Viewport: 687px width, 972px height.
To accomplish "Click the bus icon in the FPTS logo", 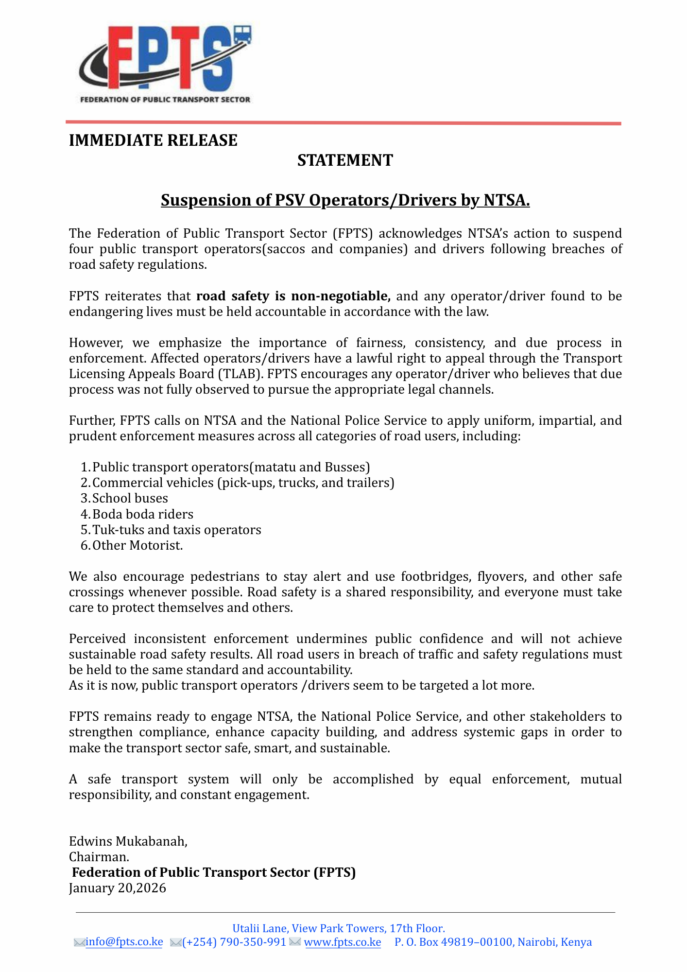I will [242, 35].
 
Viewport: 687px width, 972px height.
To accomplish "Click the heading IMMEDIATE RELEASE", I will [153, 140].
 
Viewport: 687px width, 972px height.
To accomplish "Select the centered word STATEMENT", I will [345, 160].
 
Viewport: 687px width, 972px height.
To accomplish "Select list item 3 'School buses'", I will [130, 498].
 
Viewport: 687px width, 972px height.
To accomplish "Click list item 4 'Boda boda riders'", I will [142, 514].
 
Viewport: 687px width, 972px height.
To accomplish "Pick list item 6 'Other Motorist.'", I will [137, 545].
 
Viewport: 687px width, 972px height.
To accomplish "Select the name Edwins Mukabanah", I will [128, 841].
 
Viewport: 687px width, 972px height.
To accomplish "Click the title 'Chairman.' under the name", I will [99, 857].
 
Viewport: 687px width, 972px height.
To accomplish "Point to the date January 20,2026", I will [118, 888].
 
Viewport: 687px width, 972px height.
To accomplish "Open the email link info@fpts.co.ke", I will [124, 942].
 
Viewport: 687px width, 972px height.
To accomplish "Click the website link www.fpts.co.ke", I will [343, 942].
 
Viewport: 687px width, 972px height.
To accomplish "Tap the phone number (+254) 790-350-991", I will [234, 942].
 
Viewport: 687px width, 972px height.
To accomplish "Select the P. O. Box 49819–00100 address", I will [493, 942].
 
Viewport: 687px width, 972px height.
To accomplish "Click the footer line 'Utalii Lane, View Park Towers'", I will [339, 928].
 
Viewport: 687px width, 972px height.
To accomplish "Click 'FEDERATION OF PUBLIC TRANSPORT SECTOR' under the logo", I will [165, 100].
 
